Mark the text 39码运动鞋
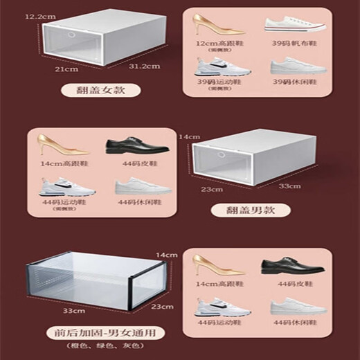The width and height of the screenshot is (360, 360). (215, 82)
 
